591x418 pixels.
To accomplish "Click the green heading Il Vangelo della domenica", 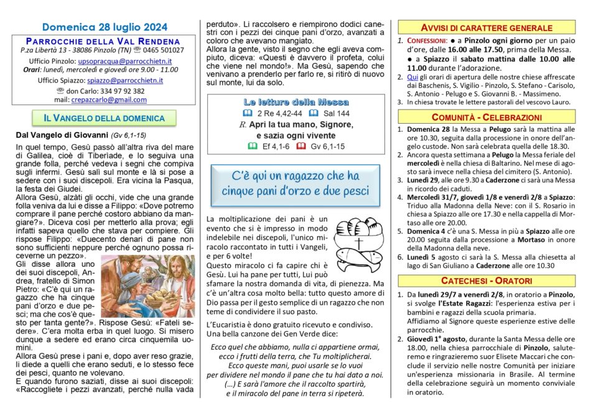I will coord(104,118).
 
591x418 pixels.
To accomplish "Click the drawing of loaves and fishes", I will coord(358,244).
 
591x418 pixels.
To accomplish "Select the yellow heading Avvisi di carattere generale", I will coord(486,28).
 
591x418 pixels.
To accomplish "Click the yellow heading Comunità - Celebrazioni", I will coord(486,117).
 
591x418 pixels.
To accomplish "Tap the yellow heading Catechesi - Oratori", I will coord(486,280).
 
